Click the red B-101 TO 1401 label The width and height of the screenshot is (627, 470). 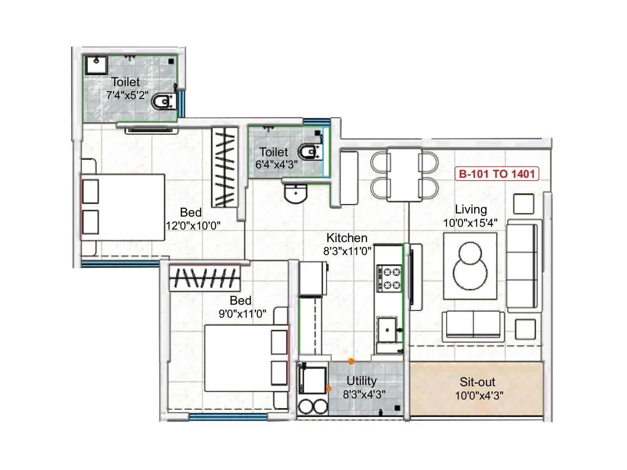point(497,174)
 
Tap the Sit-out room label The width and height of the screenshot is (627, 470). point(477,382)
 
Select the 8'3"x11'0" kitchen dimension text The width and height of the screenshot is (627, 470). point(347,251)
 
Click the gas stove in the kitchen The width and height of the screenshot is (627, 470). point(389,278)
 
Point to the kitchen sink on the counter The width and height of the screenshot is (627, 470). point(387,330)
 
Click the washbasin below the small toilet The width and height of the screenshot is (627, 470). point(295,193)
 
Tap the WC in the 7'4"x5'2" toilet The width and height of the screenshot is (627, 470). point(163,102)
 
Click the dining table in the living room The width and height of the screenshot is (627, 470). point(404,174)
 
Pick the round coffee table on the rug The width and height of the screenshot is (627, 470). point(470,266)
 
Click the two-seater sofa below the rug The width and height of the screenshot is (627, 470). point(473,325)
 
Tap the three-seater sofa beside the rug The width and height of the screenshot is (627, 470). point(522,266)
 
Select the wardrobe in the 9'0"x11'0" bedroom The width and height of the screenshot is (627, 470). point(205,278)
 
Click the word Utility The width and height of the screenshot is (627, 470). point(361,381)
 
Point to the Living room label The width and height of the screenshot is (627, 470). point(471,210)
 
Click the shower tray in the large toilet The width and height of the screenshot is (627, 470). point(96,65)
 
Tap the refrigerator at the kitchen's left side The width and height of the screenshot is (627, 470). point(313,278)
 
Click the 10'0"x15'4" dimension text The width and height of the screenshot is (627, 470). point(470,223)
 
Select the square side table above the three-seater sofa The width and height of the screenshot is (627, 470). point(524,204)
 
